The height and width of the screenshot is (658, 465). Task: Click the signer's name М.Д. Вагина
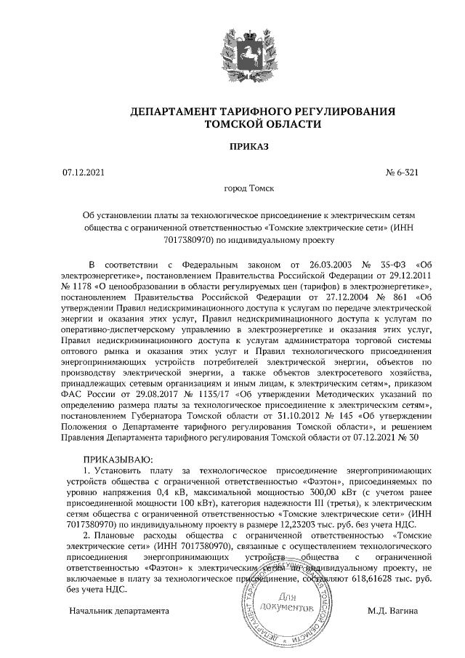tap(393, 611)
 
